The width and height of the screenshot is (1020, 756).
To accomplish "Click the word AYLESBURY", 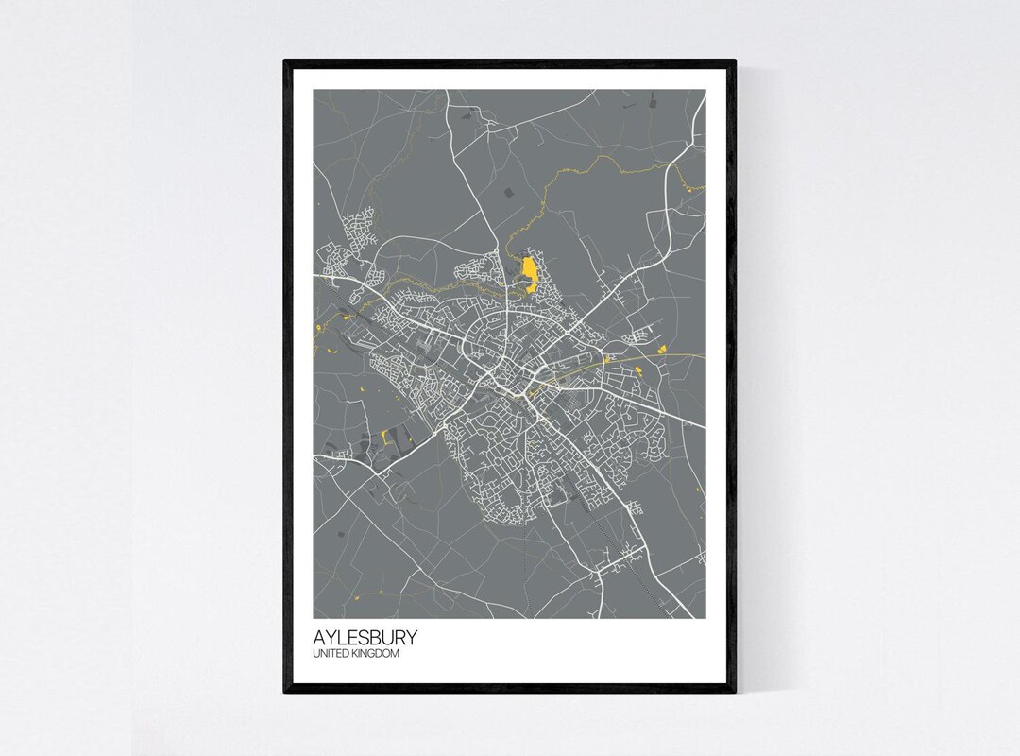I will pyautogui.click(x=365, y=638).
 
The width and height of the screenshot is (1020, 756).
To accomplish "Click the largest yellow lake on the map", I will pyautogui.click(x=530, y=272).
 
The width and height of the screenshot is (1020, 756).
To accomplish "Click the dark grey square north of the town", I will pyautogui.click(x=509, y=193).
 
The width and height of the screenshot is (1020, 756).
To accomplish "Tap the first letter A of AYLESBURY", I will pyautogui.click(x=320, y=638).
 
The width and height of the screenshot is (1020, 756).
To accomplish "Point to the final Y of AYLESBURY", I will pyautogui.click(x=410, y=638).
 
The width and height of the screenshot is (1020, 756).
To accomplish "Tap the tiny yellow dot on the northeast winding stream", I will pyautogui.click(x=701, y=188).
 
